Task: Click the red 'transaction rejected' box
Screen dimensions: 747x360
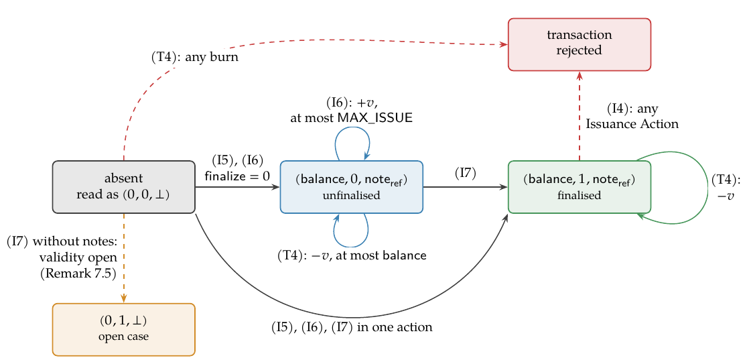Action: point(580,44)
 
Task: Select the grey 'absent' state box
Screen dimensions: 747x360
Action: point(124,187)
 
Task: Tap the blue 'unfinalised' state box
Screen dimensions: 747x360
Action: point(352,187)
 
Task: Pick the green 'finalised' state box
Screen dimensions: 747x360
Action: point(580,187)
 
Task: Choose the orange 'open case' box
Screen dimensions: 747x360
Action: point(124,329)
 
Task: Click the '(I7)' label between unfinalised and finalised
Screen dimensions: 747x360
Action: point(466,174)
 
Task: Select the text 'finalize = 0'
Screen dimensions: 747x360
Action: point(236,176)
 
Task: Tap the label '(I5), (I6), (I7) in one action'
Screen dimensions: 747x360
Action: point(352,328)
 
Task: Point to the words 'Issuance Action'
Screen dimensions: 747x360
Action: point(632,124)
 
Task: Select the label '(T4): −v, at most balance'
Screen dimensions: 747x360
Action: point(352,255)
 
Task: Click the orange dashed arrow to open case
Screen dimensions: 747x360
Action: point(124,258)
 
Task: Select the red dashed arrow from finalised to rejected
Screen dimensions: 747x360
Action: point(580,117)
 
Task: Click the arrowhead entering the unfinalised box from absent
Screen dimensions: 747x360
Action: point(276,187)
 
